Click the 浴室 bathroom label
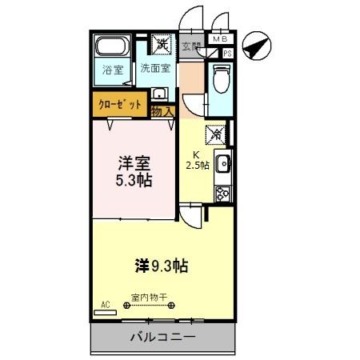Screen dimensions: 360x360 coord(113,70)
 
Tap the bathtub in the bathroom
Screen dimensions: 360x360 coord(112,49)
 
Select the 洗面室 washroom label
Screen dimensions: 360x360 coord(156,68)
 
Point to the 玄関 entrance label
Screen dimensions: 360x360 coord(191,46)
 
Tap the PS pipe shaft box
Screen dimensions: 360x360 coord(228,53)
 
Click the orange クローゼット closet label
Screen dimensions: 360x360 coord(120,105)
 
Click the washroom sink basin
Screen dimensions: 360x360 coord(159,93)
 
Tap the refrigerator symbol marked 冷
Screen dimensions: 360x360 coord(214,134)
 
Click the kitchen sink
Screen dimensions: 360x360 coord(222,164)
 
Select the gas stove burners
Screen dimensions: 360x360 coord(222,193)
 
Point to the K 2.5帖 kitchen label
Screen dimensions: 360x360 coord(197,160)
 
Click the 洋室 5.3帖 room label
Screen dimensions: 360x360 coord(133,170)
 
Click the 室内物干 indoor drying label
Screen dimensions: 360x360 coord(150,297)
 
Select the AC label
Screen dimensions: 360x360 coord(104,305)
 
